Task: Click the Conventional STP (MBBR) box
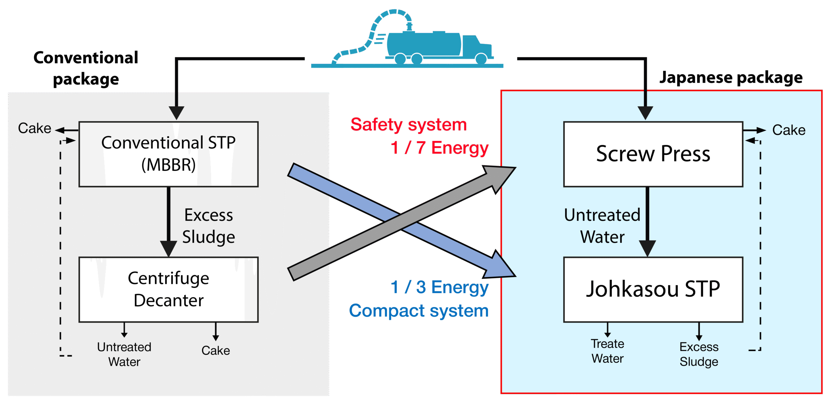[x=168, y=154]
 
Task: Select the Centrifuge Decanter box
[x=168, y=289]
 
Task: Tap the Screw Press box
[x=653, y=154]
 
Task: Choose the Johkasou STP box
[x=653, y=289]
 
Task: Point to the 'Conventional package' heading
[x=86, y=68]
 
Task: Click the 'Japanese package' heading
[x=731, y=78]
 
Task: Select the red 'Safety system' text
[x=409, y=125]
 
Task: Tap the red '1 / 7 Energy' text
[x=440, y=148]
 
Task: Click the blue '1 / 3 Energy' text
[x=440, y=287]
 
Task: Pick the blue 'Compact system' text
[x=419, y=311]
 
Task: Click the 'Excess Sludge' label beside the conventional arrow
[x=208, y=226]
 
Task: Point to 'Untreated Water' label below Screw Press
[x=602, y=226]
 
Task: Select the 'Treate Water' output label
[x=607, y=351]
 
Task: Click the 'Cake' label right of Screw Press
[x=789, y=130]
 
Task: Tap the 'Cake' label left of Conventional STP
[x=34, y=128]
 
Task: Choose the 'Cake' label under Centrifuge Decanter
[x=216, y=350]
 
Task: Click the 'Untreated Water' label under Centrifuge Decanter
[x=124, y=354]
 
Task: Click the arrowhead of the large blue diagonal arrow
[x=500, y=267]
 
